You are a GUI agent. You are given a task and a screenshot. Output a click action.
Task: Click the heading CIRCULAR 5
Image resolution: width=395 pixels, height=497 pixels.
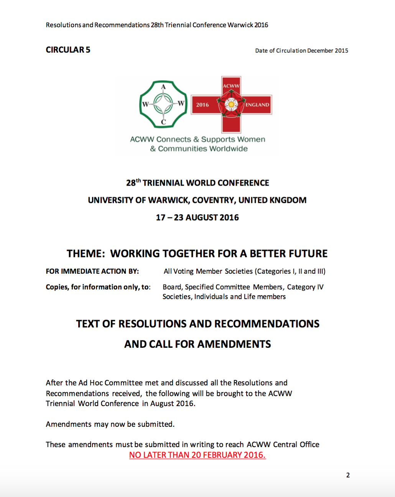tap(68, 50)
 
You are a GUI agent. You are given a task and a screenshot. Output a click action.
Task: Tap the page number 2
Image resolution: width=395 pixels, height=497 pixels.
tap(348, 475)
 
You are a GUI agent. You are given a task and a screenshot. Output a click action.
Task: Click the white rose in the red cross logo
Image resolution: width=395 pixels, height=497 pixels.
tap(231, 104)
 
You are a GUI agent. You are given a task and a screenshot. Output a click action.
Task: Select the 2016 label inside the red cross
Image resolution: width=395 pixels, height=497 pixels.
tap(202, 105)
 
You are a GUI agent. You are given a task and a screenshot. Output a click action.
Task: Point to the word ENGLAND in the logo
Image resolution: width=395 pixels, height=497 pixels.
tap(257, 105)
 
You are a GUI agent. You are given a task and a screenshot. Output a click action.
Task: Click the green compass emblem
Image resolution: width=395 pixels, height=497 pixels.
tap(163, 104)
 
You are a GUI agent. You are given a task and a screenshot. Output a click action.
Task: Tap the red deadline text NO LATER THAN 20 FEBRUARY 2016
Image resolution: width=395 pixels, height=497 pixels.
tap(197, 455)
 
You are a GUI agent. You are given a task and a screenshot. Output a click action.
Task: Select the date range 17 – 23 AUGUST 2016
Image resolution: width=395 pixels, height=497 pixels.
tap(197, 217)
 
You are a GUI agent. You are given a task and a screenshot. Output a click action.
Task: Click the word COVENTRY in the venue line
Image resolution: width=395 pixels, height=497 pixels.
tap(213, 200)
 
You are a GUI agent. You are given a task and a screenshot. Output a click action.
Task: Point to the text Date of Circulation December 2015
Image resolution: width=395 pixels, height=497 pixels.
tap(301, 51)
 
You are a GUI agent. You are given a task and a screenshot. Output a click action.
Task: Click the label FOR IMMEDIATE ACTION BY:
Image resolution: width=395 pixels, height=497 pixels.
tap(92, 272)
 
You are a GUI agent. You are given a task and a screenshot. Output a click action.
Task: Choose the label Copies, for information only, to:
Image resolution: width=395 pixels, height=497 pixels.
tap(98, 287)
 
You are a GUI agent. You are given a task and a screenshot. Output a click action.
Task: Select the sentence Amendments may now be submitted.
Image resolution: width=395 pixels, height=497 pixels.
tap(110, 424)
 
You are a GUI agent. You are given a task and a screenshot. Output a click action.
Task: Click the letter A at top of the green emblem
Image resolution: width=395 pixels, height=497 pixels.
tap(163, 87)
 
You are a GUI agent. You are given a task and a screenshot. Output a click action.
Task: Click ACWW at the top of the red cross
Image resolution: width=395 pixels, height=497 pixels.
tap(231, 86)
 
